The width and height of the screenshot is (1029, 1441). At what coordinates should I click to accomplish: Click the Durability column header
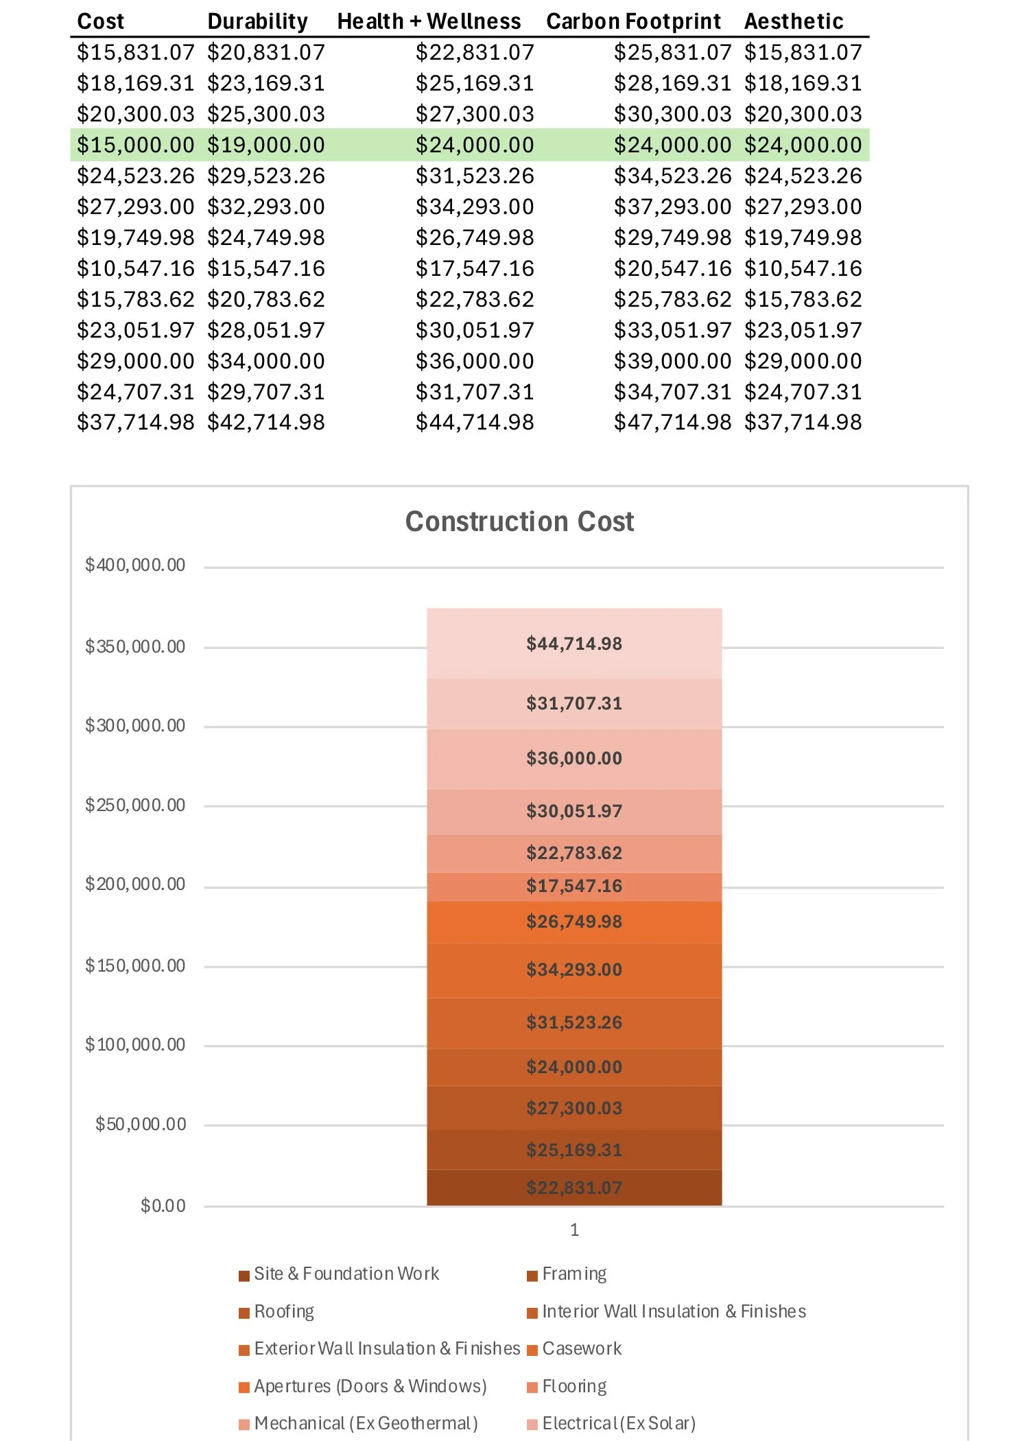coord(257,21)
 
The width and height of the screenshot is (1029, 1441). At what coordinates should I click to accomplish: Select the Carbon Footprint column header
coord(633,21)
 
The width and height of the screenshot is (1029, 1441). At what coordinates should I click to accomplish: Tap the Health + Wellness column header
coord(429,21)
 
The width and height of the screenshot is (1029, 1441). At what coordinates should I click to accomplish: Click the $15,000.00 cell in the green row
coord(135,145)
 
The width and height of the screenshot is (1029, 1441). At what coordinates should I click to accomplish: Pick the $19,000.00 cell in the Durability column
coord(266,145)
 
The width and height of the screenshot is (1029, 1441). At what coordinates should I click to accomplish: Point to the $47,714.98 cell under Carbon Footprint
coord(672,422)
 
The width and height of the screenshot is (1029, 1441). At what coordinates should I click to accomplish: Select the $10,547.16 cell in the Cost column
coord(135,268)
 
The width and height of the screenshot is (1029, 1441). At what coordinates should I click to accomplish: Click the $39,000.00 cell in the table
coord(672,361)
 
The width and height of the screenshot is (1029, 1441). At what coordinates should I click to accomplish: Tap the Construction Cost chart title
coord(519,522)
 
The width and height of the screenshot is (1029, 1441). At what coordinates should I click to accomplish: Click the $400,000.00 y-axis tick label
coord(135,565)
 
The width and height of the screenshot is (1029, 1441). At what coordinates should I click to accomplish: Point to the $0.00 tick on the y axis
coord(163,1206)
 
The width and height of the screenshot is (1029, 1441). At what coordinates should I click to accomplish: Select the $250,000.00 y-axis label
coord(135,805)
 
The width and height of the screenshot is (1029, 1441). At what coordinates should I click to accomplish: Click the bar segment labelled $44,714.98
coord(574,644)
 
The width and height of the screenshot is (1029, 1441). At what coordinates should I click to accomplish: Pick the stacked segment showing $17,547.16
coord(574,886)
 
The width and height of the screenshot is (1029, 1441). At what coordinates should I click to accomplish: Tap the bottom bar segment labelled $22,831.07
coord(574,1188)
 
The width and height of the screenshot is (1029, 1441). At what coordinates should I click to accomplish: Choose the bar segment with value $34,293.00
coord(574,970)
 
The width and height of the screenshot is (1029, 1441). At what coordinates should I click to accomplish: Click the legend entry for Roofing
coord(283,1311)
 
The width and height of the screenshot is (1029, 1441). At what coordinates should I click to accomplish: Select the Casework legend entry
coord(581,1348)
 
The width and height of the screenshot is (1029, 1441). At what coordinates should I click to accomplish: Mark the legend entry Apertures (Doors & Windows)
coord(370,1386)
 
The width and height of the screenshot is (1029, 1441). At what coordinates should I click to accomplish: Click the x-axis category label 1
coord(574,1230)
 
